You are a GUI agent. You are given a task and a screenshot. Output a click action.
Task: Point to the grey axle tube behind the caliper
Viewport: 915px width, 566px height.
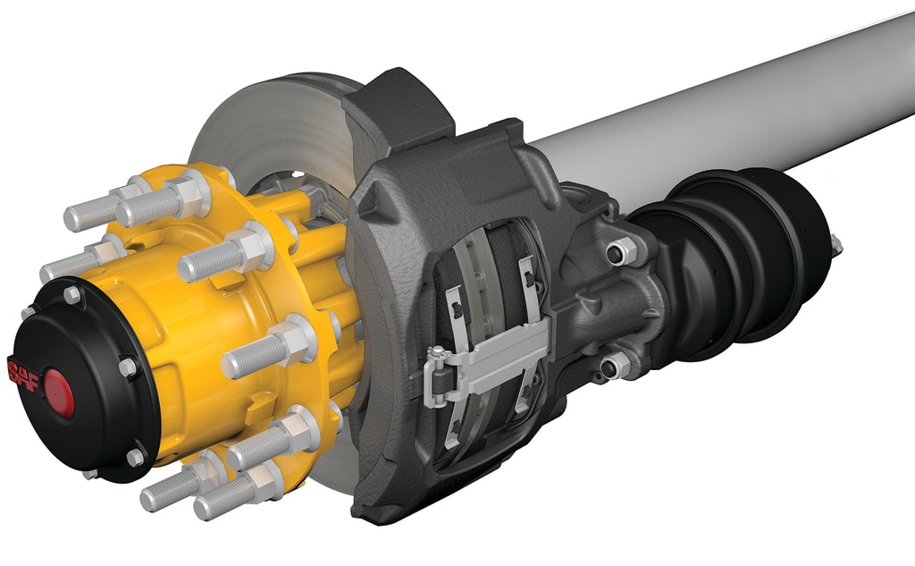point(715,107)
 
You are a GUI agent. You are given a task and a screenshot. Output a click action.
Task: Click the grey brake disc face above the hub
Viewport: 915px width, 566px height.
point(268,125)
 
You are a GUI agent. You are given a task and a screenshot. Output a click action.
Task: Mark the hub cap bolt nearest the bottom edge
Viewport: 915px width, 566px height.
point(135,457)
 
